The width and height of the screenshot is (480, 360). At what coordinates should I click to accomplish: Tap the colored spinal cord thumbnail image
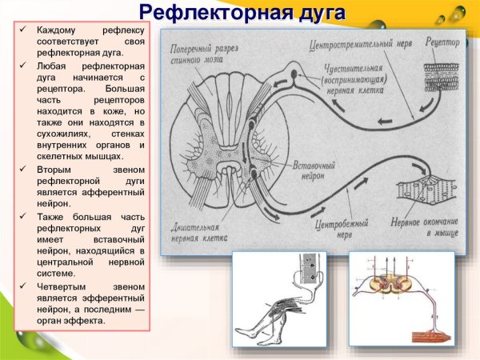pos(401,299)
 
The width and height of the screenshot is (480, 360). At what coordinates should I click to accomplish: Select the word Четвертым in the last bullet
pos(63,286)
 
